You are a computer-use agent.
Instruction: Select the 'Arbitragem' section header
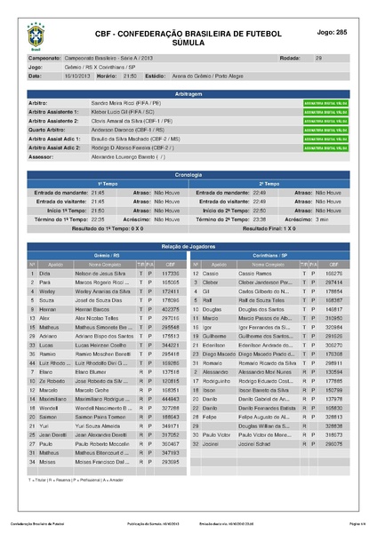coord(188,92)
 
